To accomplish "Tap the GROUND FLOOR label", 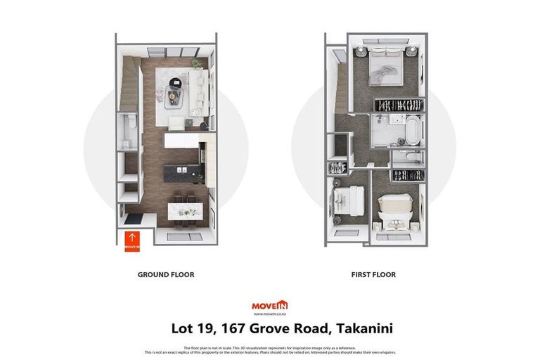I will (166, 275).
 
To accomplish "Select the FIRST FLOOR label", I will (373, 275).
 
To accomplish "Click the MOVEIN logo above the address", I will (269, 305).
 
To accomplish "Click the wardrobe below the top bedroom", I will (399, 104).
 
